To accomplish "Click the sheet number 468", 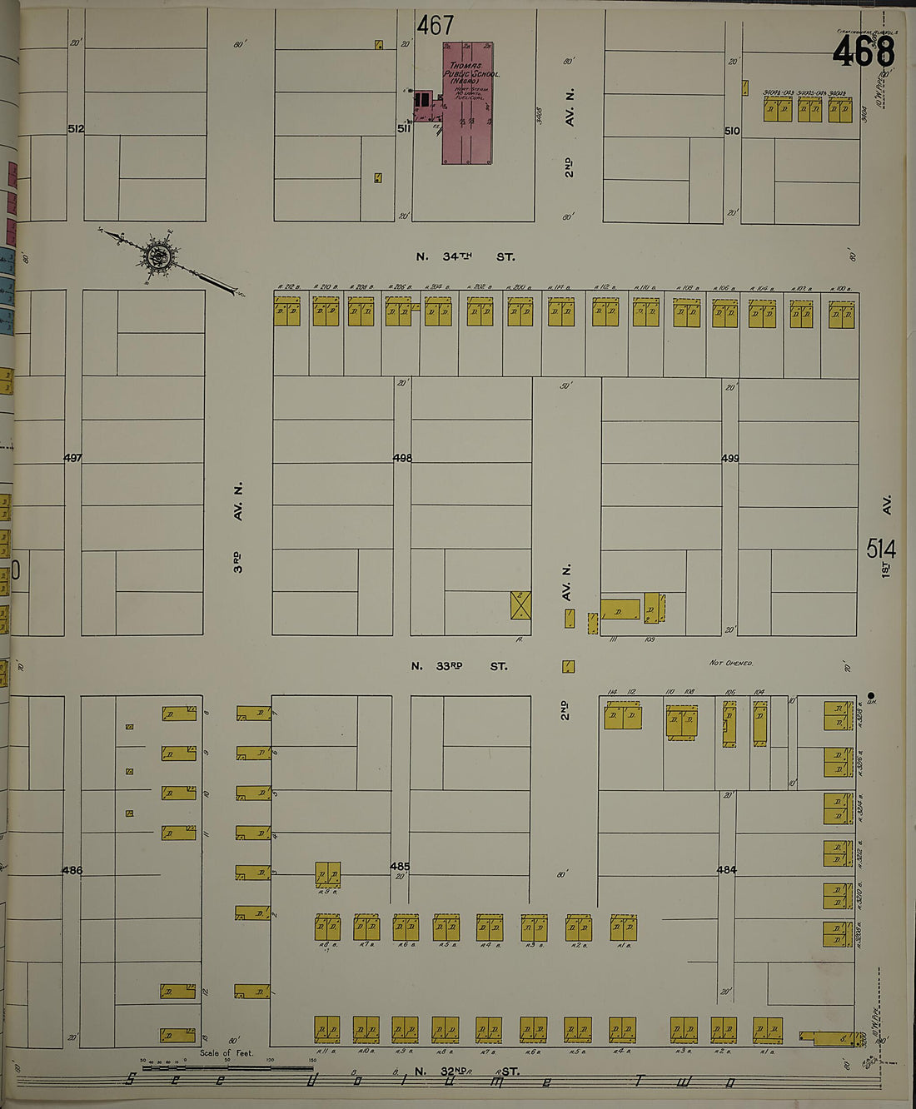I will pos(864,52).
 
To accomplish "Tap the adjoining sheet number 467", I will pos(436,26).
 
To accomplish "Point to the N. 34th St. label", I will pos(466,257).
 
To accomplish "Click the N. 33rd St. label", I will pos(459,666).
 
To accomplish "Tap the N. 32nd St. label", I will pos(466,1072).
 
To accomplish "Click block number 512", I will pos(76,129).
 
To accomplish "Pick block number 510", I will pos(732,131).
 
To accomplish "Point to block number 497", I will pos(72,458).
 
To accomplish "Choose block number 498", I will pos(402,458).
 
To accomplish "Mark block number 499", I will pos(730,458).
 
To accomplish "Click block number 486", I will pos(72,870).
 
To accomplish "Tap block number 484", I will pos(727,870).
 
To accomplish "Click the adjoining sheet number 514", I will pos(880,549).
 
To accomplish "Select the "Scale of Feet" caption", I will pos(226,1053).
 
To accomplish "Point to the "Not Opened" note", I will pos(730,664).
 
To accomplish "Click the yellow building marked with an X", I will pos(520,605).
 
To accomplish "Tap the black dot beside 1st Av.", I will pos(871,695).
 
